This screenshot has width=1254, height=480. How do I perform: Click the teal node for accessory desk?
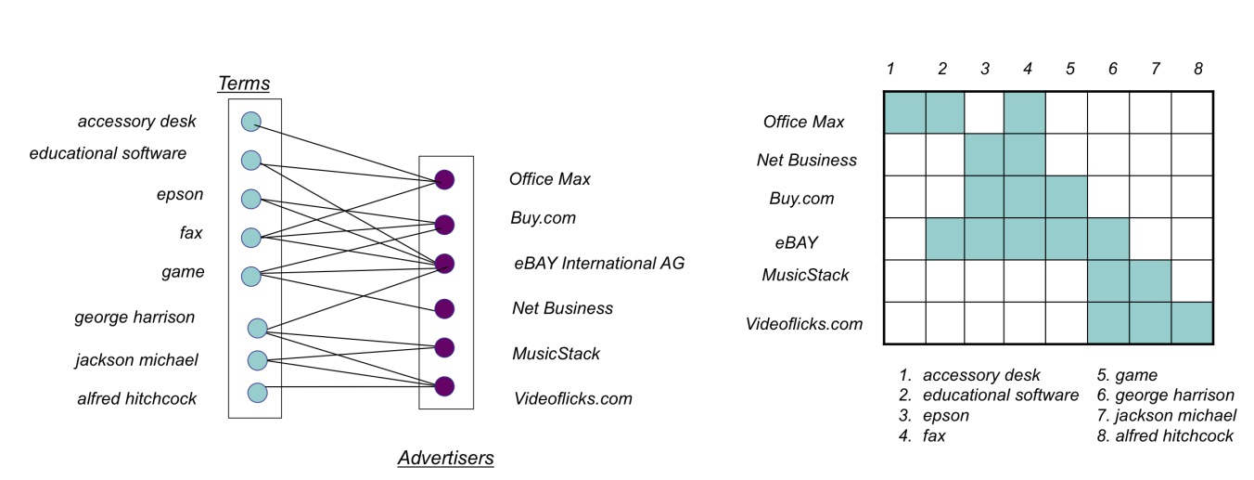[x=250, y=122]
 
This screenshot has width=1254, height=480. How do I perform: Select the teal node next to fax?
[x=250, y=238]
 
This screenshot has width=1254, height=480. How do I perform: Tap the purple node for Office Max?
[x=444, y=180]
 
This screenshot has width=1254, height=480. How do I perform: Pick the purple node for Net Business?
[x=444, y=308]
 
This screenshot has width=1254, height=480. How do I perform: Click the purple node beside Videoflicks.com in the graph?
[x=444, y=386]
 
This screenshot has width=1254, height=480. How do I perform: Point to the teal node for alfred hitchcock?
[x=257, y=393]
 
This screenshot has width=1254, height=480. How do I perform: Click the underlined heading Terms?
[x=244, y=84]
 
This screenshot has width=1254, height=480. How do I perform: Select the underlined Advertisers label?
[x=445, y=458]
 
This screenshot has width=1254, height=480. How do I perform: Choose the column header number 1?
[x=889, y=69]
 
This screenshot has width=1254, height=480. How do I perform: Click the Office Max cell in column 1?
[x=904, y=112]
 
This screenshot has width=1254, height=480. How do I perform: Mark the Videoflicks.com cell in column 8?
[x=1192, y=322]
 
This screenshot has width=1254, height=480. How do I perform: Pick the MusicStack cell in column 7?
[x=1150, y=280]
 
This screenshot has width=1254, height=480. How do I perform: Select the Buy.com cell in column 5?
[x=1067, y=197]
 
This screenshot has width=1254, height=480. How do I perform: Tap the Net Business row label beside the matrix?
[x=807, y=160]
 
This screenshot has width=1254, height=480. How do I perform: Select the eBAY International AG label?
[x=599, y=263]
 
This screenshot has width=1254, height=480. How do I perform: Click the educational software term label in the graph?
[x=108, y=153]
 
